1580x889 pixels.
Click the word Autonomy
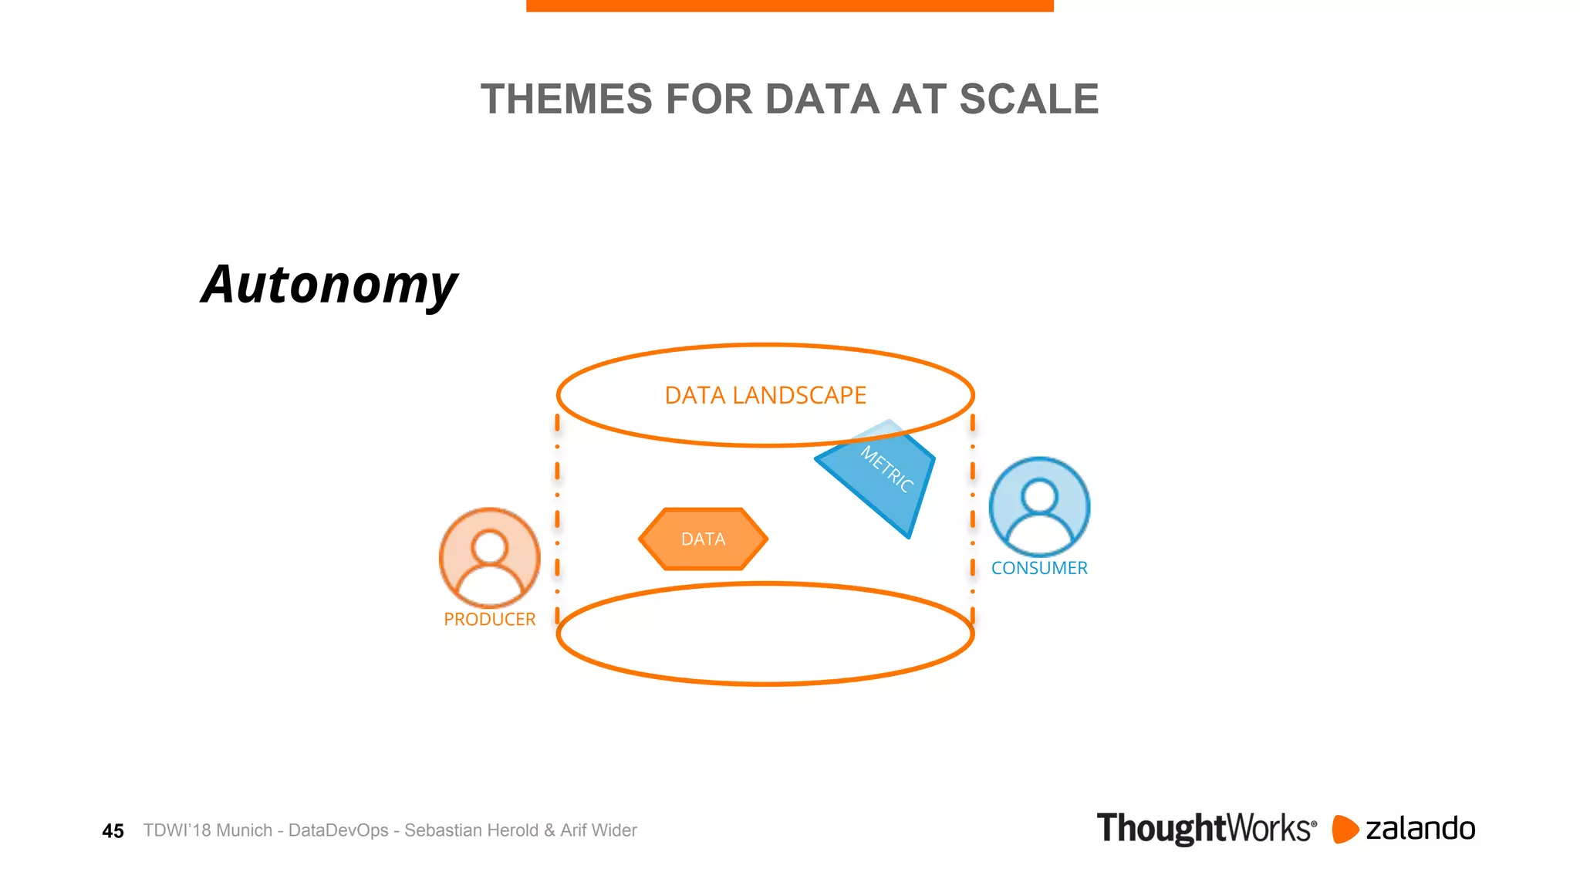[329, 285]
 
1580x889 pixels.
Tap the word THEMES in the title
[566, 100]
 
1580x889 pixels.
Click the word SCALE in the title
[1028, 100]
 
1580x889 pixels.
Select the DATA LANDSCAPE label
[765, 395]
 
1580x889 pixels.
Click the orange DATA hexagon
[703, 539]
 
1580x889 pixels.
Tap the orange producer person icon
[489, 557]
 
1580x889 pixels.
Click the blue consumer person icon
[1039, 506]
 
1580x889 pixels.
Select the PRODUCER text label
[489, 620]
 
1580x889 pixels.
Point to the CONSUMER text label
[1039, 568]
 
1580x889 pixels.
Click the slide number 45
[113, 831]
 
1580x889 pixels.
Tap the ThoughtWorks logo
[1206, 829]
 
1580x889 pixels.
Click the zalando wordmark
[1420, 829]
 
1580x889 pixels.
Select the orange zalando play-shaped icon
[1344, 829]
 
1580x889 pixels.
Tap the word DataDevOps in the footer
[338, 830]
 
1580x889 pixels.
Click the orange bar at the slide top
[789, 5]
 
